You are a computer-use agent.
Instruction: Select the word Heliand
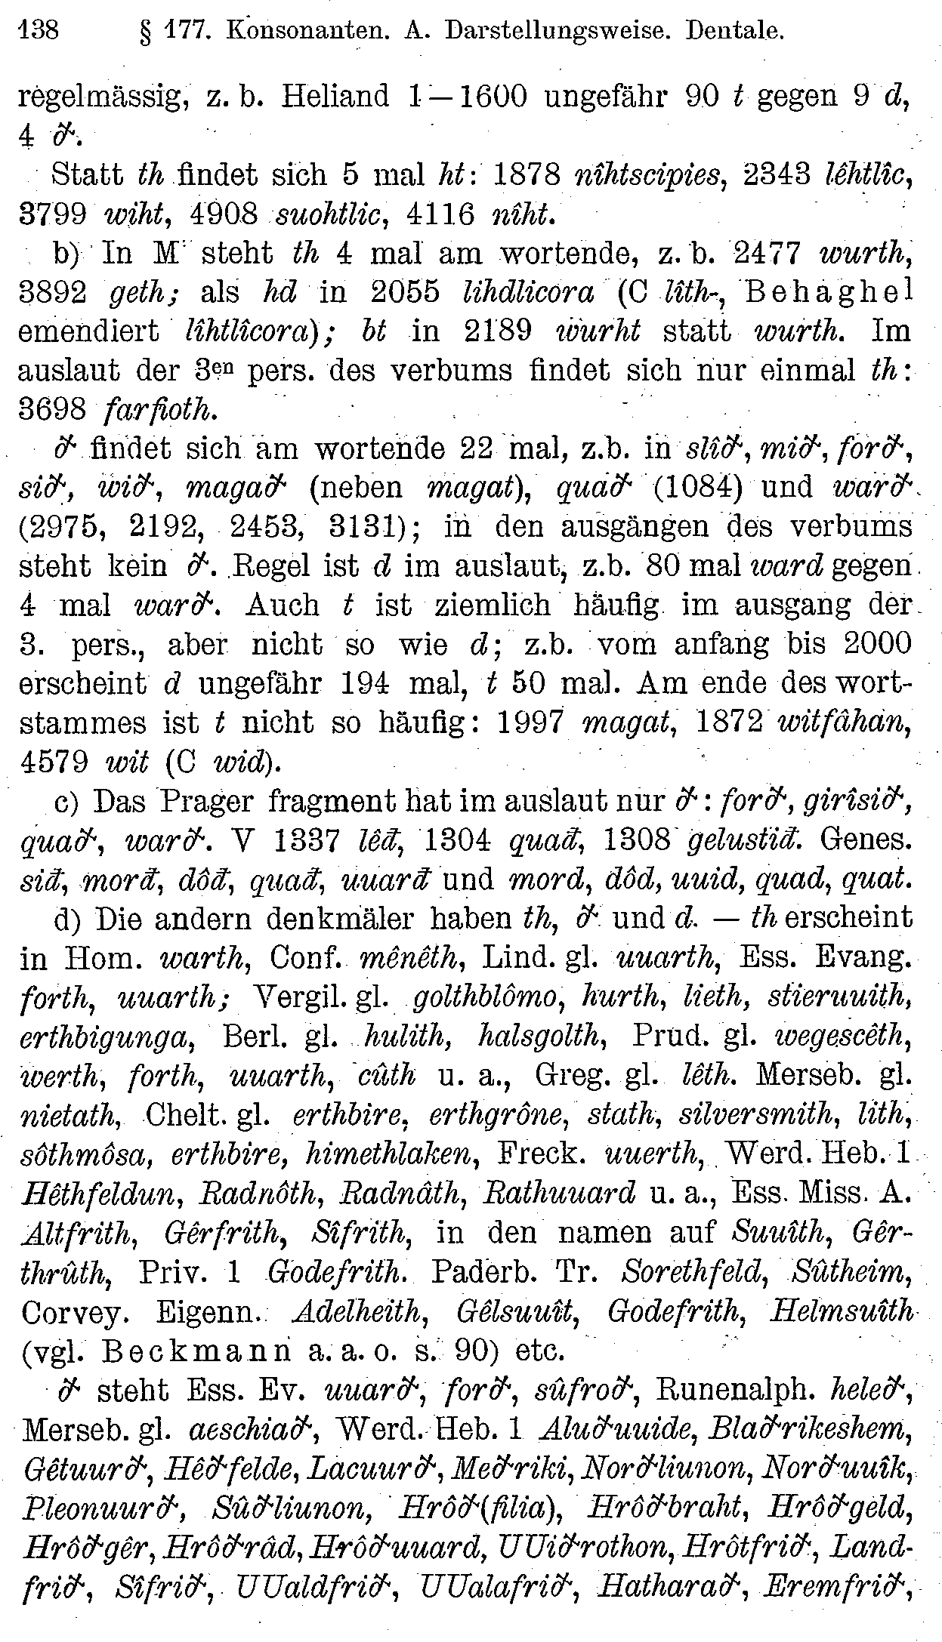[x=333, y=97]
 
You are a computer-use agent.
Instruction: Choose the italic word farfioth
[x=158, y=410]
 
